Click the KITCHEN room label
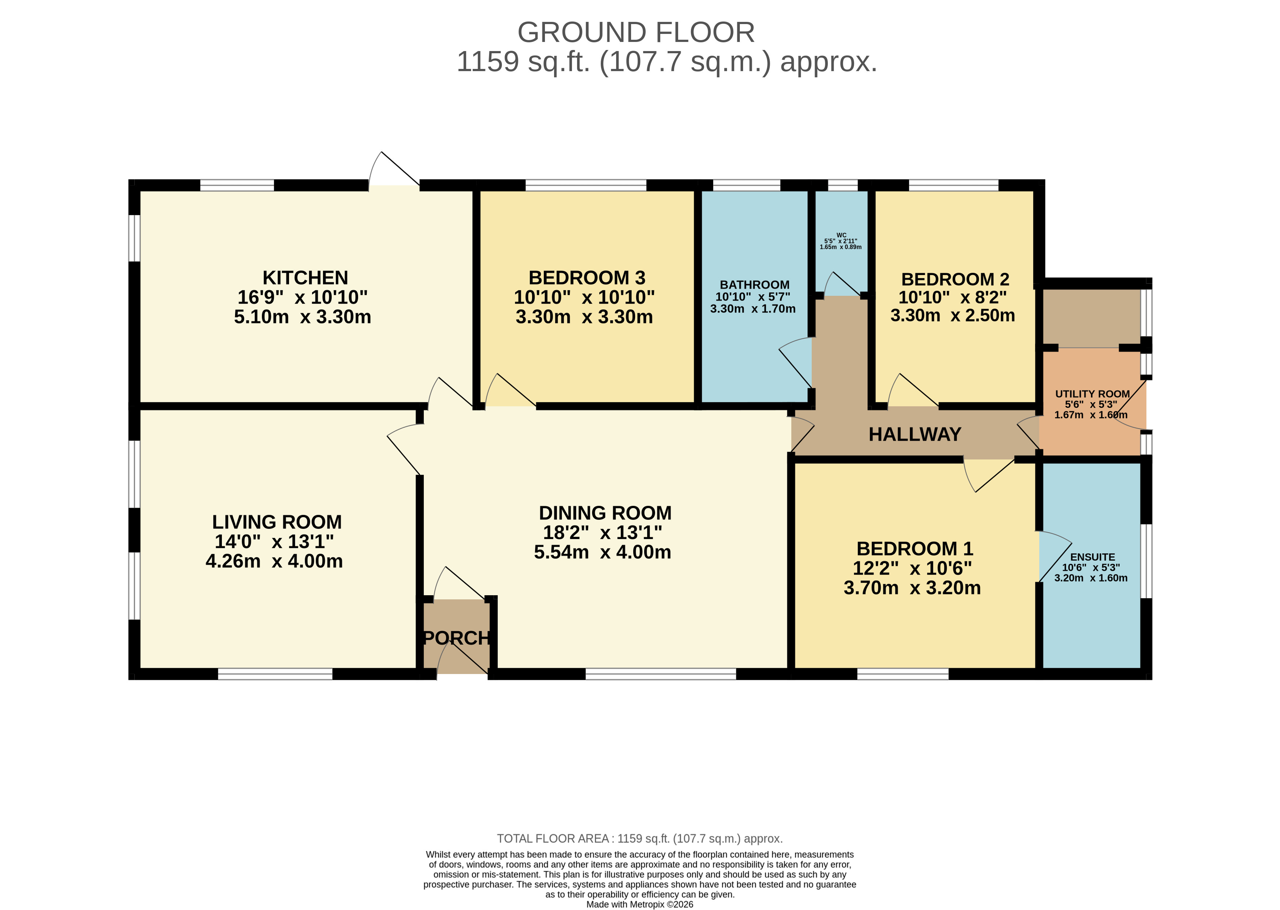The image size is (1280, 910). (x=305, y=278)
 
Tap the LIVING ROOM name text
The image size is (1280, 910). (x=277, y=522)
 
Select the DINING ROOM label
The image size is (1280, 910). (x=605, y=513)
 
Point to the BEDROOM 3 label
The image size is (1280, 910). (x=587, y=278)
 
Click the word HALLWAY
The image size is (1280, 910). (x=915, y=434)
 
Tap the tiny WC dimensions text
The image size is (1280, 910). (x=841, y=244)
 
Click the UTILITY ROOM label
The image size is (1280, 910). (x=1092, y=394)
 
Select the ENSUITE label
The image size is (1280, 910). (x=1092, y=557)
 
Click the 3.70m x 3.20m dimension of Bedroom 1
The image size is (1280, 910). (x=912, y=588)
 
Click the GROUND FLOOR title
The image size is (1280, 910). (x=636, y=32)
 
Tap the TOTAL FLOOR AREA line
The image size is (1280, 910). (x=640, y=839)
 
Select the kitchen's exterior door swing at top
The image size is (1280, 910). (x=393, y=170)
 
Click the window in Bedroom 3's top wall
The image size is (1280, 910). (x=586, y=186)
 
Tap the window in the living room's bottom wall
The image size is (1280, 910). (x=275, y=674)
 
